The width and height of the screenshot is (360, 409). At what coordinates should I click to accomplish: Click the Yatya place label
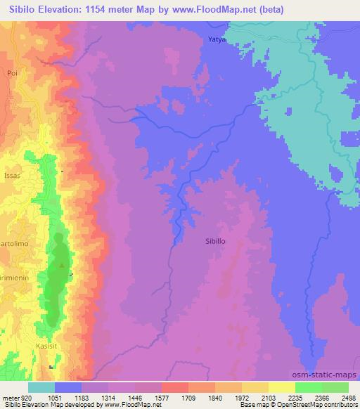215,39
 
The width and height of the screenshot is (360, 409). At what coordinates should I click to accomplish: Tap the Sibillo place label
214,240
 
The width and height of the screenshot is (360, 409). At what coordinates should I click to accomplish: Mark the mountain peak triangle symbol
61,265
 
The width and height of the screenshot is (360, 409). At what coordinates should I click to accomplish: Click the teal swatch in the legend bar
41,387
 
